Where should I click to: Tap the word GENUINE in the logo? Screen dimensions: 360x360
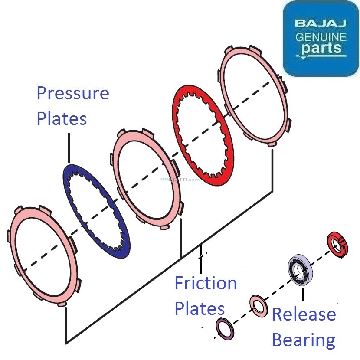321,36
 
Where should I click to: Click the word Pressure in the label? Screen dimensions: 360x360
73,93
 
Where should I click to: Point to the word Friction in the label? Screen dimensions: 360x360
206,284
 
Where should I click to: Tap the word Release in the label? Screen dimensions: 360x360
304,314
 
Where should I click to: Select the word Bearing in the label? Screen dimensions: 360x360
303,340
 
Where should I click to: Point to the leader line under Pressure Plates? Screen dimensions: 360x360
69,147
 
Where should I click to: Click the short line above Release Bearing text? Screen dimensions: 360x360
302,295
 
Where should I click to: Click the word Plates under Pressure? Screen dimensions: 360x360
62,118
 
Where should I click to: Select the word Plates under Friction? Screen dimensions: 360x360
200,308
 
